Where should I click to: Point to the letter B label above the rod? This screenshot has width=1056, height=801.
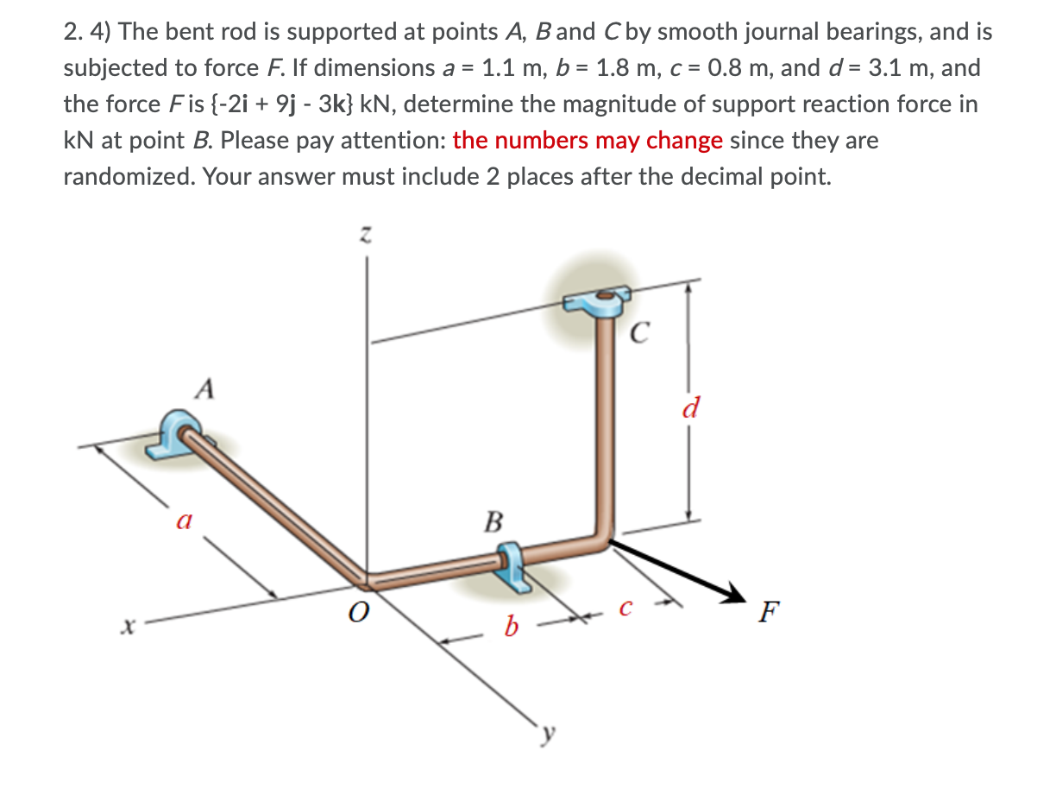pyautogui.click(x=493, y=521)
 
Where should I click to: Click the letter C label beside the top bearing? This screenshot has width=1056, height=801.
pyautogui.click(x=640, y=332)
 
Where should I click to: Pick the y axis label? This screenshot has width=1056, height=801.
pyautogui.click(x=545, y=735)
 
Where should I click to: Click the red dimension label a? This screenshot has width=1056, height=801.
pyautogui.click(x=182, y=520)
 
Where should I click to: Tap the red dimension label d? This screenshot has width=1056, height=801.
pyautogui.click(x=689, y=406)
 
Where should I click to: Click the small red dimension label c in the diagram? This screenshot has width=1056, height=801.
pyautogui.click(x=627, y=609)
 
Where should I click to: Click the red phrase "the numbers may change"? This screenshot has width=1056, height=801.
pyautogui.click(x=588, y=141)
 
